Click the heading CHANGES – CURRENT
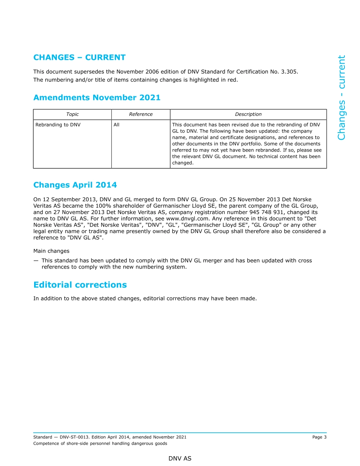[79, 58]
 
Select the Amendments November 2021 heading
[97, 98]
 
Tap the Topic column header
[72, 114]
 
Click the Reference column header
[141, 114]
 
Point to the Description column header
[248, 114]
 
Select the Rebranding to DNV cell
[58, 125]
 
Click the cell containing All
[116, 125]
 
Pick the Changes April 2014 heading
[75, 185]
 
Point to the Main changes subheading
[51, 251]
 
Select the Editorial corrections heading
[80, 285]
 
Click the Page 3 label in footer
[319, 437]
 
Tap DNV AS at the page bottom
[180, 459]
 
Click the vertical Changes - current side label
[341, 97]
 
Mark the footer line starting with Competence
[100, 444]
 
